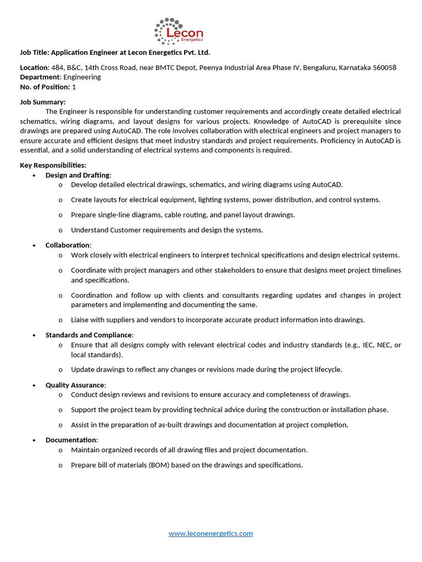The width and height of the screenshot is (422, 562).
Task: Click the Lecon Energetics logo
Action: click(x=179, y=32)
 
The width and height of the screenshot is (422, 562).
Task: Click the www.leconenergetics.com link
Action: click(x=210, y=533)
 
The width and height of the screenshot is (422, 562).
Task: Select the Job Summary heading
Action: click(x=43, y=102)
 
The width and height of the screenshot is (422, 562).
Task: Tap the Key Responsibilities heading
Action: click(x=53, y=165)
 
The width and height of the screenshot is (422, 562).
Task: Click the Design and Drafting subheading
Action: click(x=77, y=175)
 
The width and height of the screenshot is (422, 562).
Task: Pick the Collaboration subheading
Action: click(x=68, y=245)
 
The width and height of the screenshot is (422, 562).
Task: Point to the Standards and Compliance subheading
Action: click(x=88, y=335)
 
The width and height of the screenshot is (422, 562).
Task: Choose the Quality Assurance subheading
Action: click(x=75, y=385)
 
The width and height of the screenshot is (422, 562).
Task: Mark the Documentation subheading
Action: click(x=71, y=440)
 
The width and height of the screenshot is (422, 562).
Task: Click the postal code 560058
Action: click(x=385, y=68)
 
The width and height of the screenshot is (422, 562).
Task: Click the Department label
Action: click(x=40, y=77)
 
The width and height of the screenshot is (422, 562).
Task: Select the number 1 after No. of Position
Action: click(x=74, y=87)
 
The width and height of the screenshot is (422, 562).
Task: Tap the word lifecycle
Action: click(x=327, y=369)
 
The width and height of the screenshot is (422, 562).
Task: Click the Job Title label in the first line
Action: click(x=35, y=53)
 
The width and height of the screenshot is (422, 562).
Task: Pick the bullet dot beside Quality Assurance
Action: click(x=34, y=385)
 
